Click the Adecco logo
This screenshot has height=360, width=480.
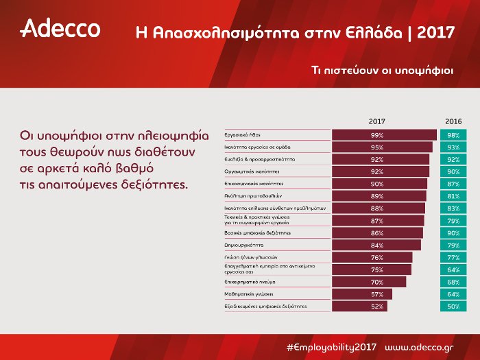(x=61, y=29)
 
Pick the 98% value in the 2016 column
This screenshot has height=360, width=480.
(x=453, y=135)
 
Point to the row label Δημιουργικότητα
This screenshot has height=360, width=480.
(x=245, y=245)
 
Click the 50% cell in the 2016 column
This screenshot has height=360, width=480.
(x=453, y=306)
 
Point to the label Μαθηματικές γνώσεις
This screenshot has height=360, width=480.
(x=249, y=293)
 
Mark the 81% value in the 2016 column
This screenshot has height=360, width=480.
(x=453, y=196)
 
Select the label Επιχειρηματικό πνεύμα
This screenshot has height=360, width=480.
(x=250, y=281)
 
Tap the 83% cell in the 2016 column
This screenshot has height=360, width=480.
(x=453, y=208)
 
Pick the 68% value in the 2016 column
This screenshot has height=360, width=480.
(x=453, y=281)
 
